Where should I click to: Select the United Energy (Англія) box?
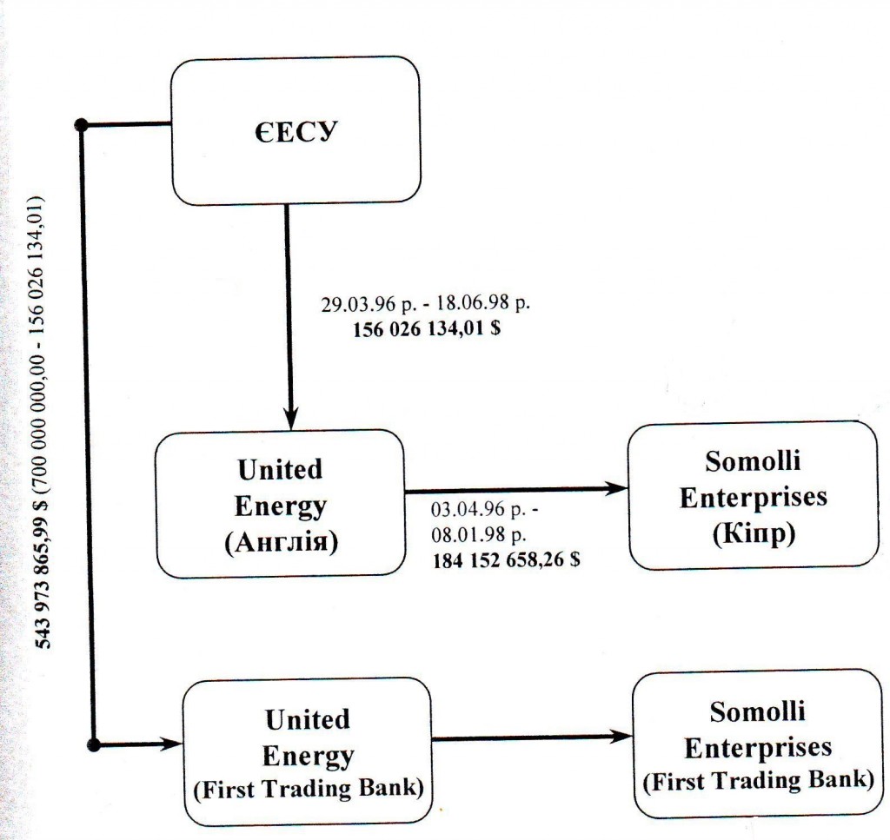(x=279, y=504)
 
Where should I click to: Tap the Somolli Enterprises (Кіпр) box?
(x=753, y=496)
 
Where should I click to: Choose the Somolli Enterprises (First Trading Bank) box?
(x=757, y=744)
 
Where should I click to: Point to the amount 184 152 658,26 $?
(x=507, y=560)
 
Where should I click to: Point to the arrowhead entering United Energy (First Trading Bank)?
(x=171, y=744)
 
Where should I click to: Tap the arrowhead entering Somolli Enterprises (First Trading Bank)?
(x=622, y=737)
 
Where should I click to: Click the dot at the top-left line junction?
(x=83, y=125)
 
